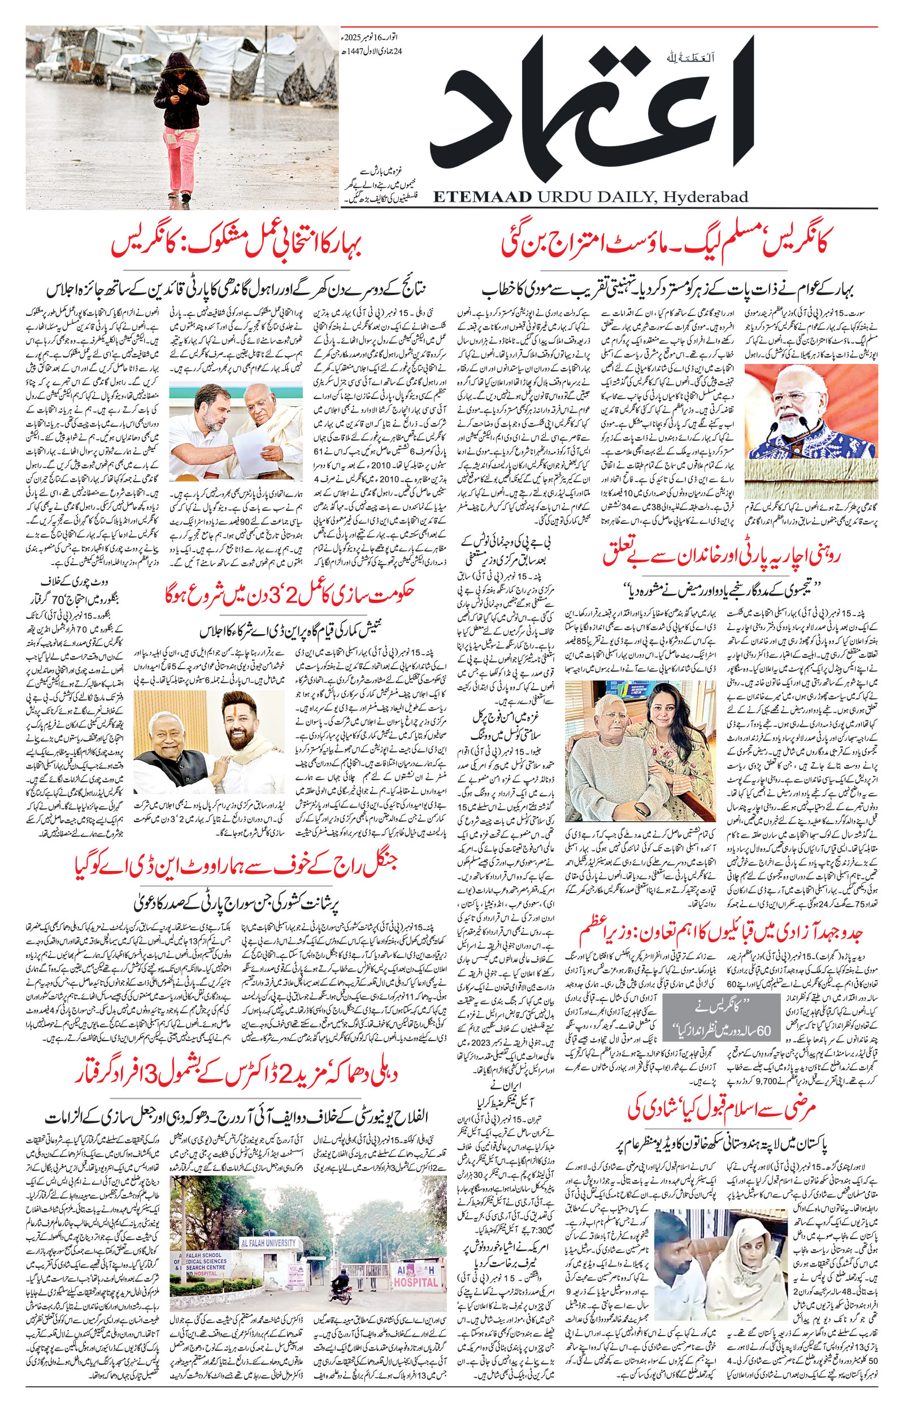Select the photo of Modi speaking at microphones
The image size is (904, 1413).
tap(811, 411)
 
